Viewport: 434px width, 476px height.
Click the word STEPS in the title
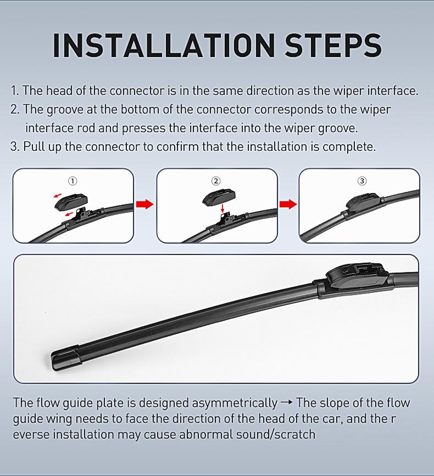(333, 45)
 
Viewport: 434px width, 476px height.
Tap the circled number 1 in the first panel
(73, 181)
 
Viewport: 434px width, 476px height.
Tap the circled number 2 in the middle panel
(216, 181)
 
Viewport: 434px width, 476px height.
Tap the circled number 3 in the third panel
(361, 181)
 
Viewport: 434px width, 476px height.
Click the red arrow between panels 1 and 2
(144, 205)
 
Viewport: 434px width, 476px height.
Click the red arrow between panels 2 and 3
(287, 205)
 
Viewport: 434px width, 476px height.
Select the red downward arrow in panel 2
(221, 209)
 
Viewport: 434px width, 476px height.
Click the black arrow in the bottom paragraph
(286, 403)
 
